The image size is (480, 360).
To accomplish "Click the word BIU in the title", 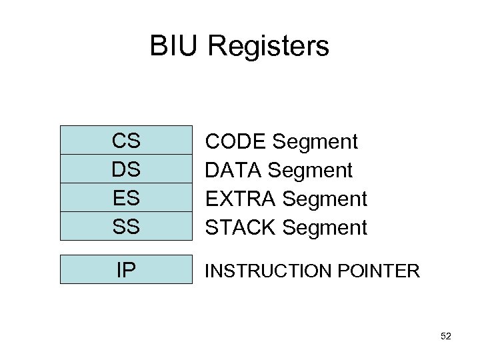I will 174,47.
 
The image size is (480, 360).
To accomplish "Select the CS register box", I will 125,141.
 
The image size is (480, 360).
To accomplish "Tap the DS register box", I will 125,169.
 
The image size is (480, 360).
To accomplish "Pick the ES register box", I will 125,198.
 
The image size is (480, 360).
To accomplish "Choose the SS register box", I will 125,227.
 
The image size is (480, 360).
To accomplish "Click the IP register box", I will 125,270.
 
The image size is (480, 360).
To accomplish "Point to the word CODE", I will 237,141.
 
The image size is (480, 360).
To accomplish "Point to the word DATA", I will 234,170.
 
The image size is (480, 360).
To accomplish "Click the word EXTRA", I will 241,199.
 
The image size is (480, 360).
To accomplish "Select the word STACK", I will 241,227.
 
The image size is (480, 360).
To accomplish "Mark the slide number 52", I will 446,337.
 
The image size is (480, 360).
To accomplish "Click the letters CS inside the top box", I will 125,141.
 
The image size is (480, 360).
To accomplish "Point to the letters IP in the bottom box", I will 125,270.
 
